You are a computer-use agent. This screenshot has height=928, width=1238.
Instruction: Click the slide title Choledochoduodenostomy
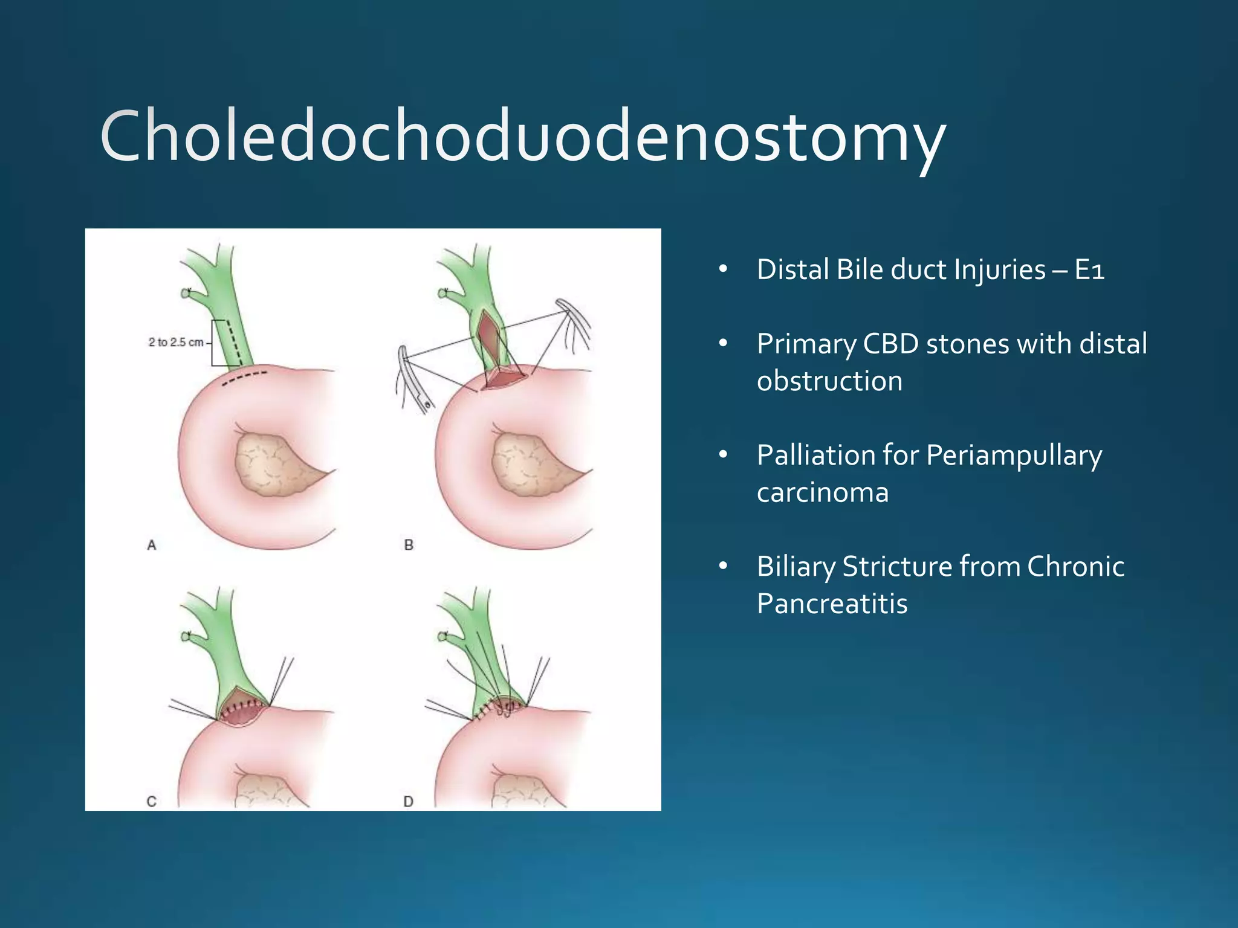(x=522, y=138)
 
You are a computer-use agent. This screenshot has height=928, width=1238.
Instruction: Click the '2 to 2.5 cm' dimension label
(x=176, y=343)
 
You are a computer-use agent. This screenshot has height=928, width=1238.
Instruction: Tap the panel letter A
(x=152, y=545)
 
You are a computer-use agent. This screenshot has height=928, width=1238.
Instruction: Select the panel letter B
(x=409, y=545)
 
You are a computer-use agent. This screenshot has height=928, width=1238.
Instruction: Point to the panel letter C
(x=152, y=802)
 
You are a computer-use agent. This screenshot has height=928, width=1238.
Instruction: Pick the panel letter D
(x=409, y=802)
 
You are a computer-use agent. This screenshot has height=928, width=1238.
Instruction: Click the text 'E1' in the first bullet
(x=1090, y=269)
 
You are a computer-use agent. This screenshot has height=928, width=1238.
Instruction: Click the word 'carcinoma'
(x=823, y=492)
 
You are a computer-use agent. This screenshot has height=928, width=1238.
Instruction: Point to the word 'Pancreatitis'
(x=832, y=604)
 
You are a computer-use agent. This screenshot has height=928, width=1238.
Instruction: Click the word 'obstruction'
(x=829, y=381)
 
